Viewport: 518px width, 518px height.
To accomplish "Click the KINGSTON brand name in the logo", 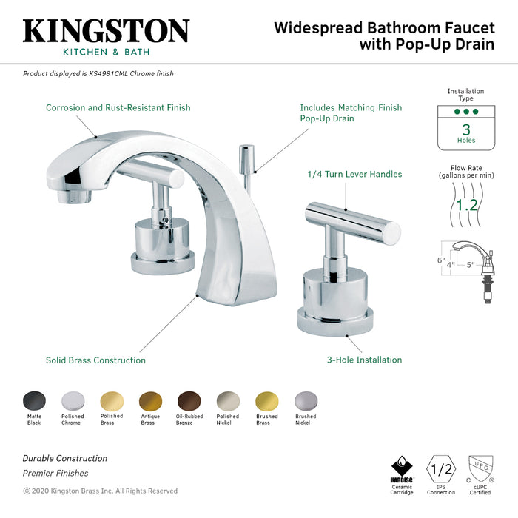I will [x=106, y=32].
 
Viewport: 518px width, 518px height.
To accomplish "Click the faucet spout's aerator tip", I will [x=74, y=198].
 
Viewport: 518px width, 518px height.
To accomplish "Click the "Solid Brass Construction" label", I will [x=95, y=360].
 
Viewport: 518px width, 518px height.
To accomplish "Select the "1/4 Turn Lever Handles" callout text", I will [x=354, y=175].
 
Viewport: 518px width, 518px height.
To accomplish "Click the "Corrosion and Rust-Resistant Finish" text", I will [x=118, y=107].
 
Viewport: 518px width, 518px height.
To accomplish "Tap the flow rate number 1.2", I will [x=466, y=205].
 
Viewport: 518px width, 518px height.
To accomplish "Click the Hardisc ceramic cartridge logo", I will [x=402, y=468].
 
